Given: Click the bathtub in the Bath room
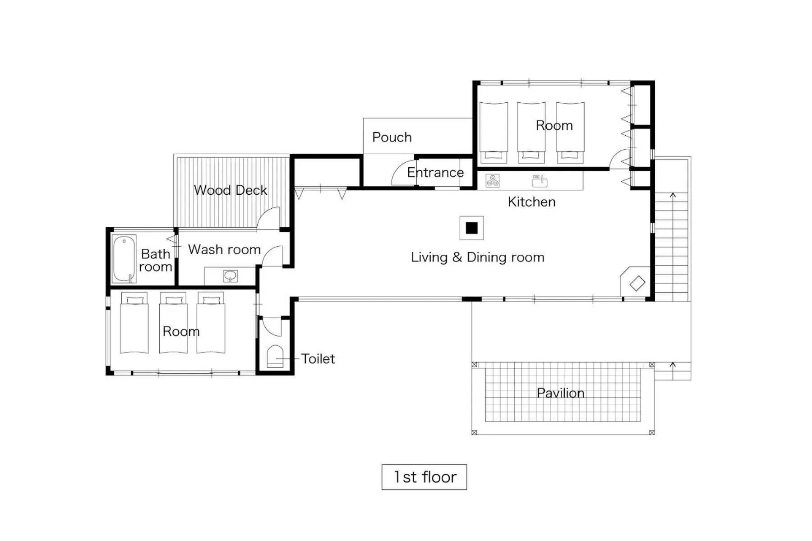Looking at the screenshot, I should pos(124,259).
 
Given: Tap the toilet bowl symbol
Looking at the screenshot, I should pos(275,357).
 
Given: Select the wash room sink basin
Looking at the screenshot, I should pos(231,275).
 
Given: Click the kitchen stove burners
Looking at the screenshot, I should pos(492,180).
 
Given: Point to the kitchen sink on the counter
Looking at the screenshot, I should pos(540,181).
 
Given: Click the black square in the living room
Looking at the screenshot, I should pos(471,228).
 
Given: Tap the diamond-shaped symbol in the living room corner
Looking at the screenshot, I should pos(637,283).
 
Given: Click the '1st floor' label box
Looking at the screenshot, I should pos(424,477).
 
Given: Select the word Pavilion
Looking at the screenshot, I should pos(560,393).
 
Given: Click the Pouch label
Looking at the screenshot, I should pos(392,137).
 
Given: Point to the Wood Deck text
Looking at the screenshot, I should pos(230,190).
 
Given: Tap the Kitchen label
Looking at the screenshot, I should pos(531,202).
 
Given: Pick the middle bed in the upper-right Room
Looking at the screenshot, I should pos(531,131).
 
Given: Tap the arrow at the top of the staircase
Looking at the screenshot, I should pos(673,195).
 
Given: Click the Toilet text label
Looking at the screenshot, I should pos(318,359).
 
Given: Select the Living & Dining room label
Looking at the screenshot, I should pos(477,257).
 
